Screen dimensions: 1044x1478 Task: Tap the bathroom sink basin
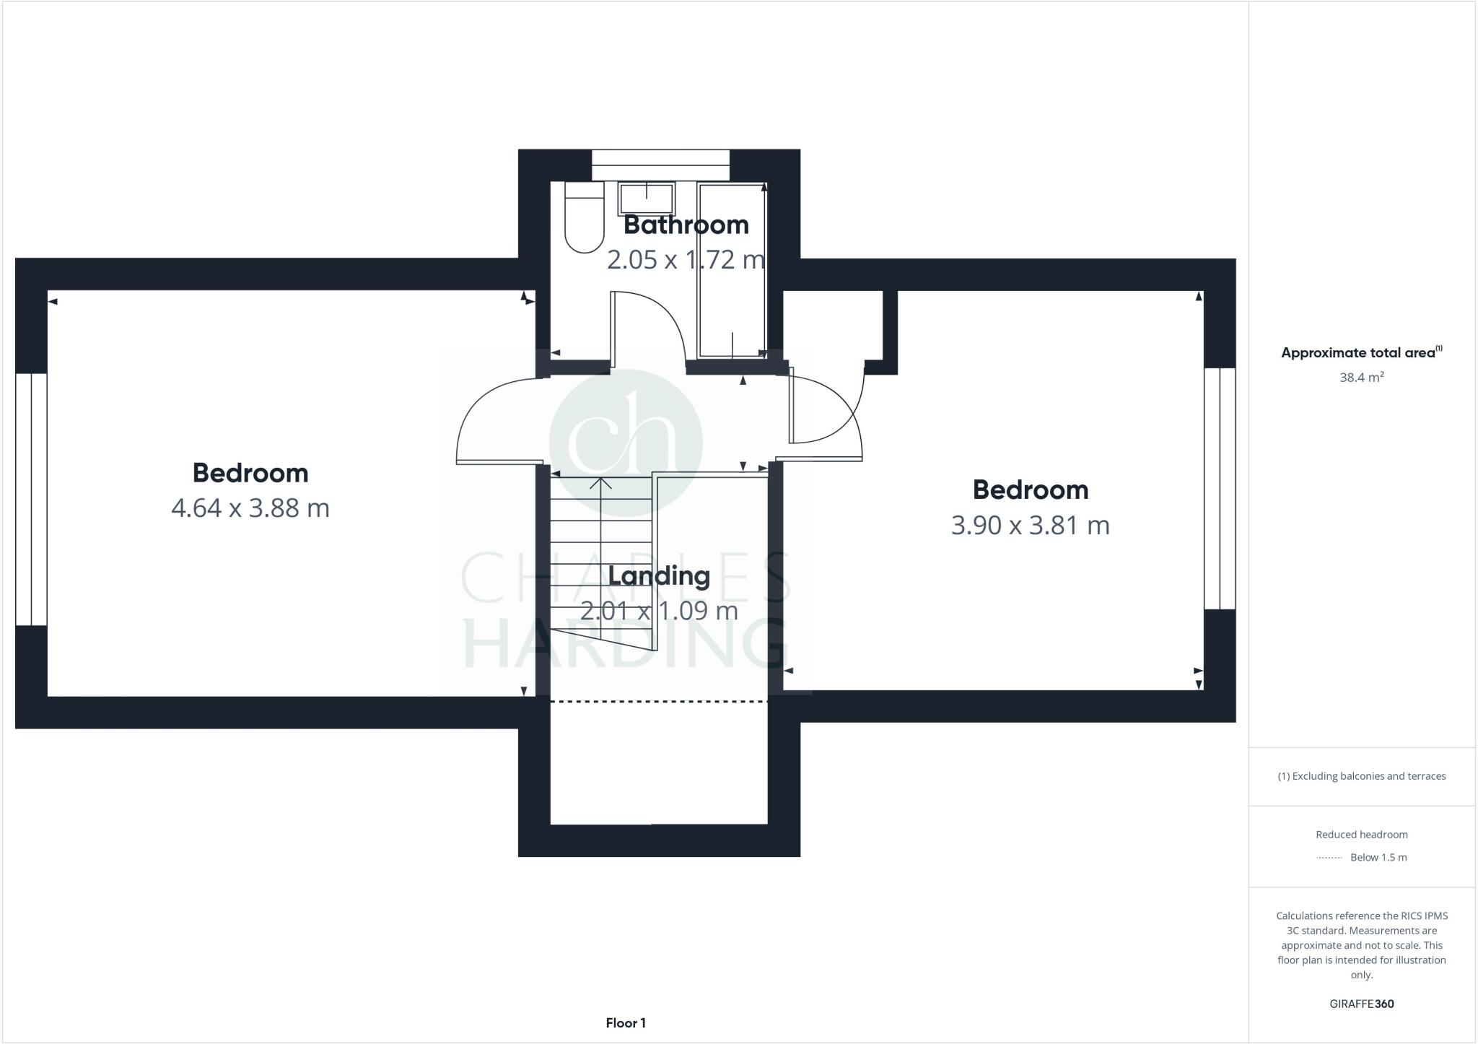tap(646, 197)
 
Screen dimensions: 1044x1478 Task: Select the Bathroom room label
tap(686, 225)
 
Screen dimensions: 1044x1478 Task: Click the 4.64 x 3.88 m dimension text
tap(250, 508)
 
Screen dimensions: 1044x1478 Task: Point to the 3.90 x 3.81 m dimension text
tap(1030, 525)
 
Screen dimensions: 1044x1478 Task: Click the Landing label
tap(659, 576)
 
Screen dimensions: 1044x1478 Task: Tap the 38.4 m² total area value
tap(1361, 378)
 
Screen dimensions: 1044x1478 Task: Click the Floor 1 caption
tap(626, 1022)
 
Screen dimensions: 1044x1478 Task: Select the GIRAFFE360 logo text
tap(1361, 1004)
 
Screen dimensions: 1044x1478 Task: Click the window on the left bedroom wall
tap(31, 499)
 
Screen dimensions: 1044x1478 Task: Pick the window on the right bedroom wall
tap(1220, 489)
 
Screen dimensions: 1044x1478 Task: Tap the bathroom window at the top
tap(660, 165)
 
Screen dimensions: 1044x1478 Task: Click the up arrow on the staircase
tap(600, 484)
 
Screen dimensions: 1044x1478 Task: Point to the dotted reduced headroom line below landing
tap(658, 701)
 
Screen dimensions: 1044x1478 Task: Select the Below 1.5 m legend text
tap(1378, 858)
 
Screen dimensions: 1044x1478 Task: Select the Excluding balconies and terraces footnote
tap(1361, 776)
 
